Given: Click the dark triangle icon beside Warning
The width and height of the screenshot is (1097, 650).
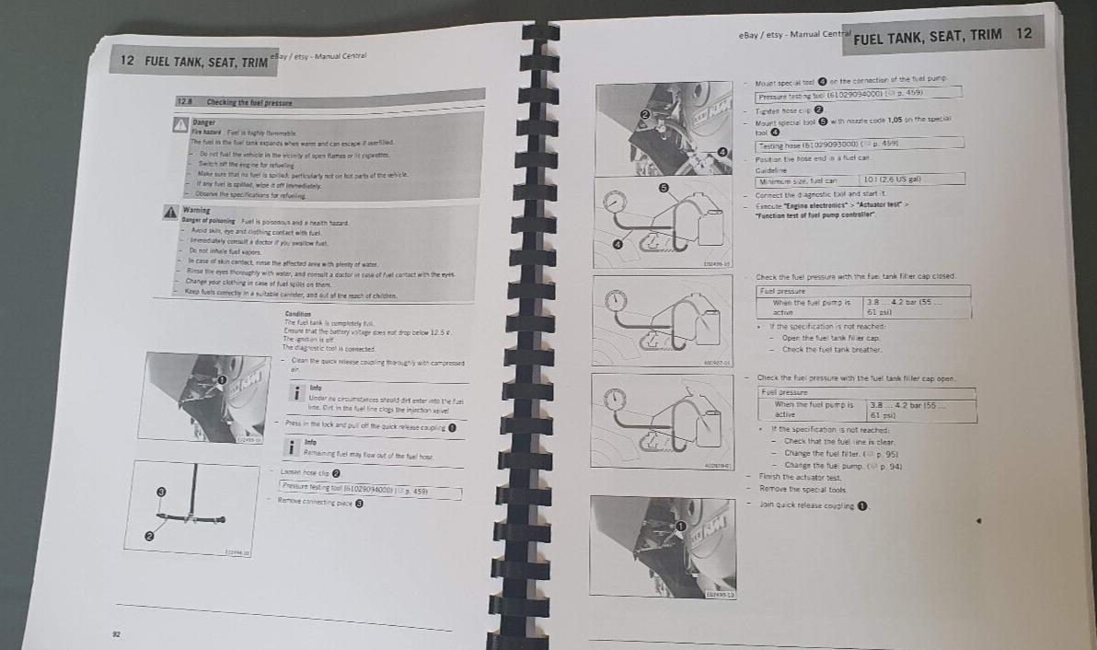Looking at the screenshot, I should (x=170, y=212).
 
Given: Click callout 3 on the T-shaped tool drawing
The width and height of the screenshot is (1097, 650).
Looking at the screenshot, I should (x=161, y=493).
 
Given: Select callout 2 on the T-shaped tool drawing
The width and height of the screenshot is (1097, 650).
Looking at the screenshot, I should (x=149, y=536).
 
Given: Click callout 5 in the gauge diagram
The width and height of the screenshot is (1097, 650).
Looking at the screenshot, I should (x=661, y=187).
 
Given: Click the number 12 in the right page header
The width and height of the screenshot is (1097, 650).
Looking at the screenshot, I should (x=1023, y=33).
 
